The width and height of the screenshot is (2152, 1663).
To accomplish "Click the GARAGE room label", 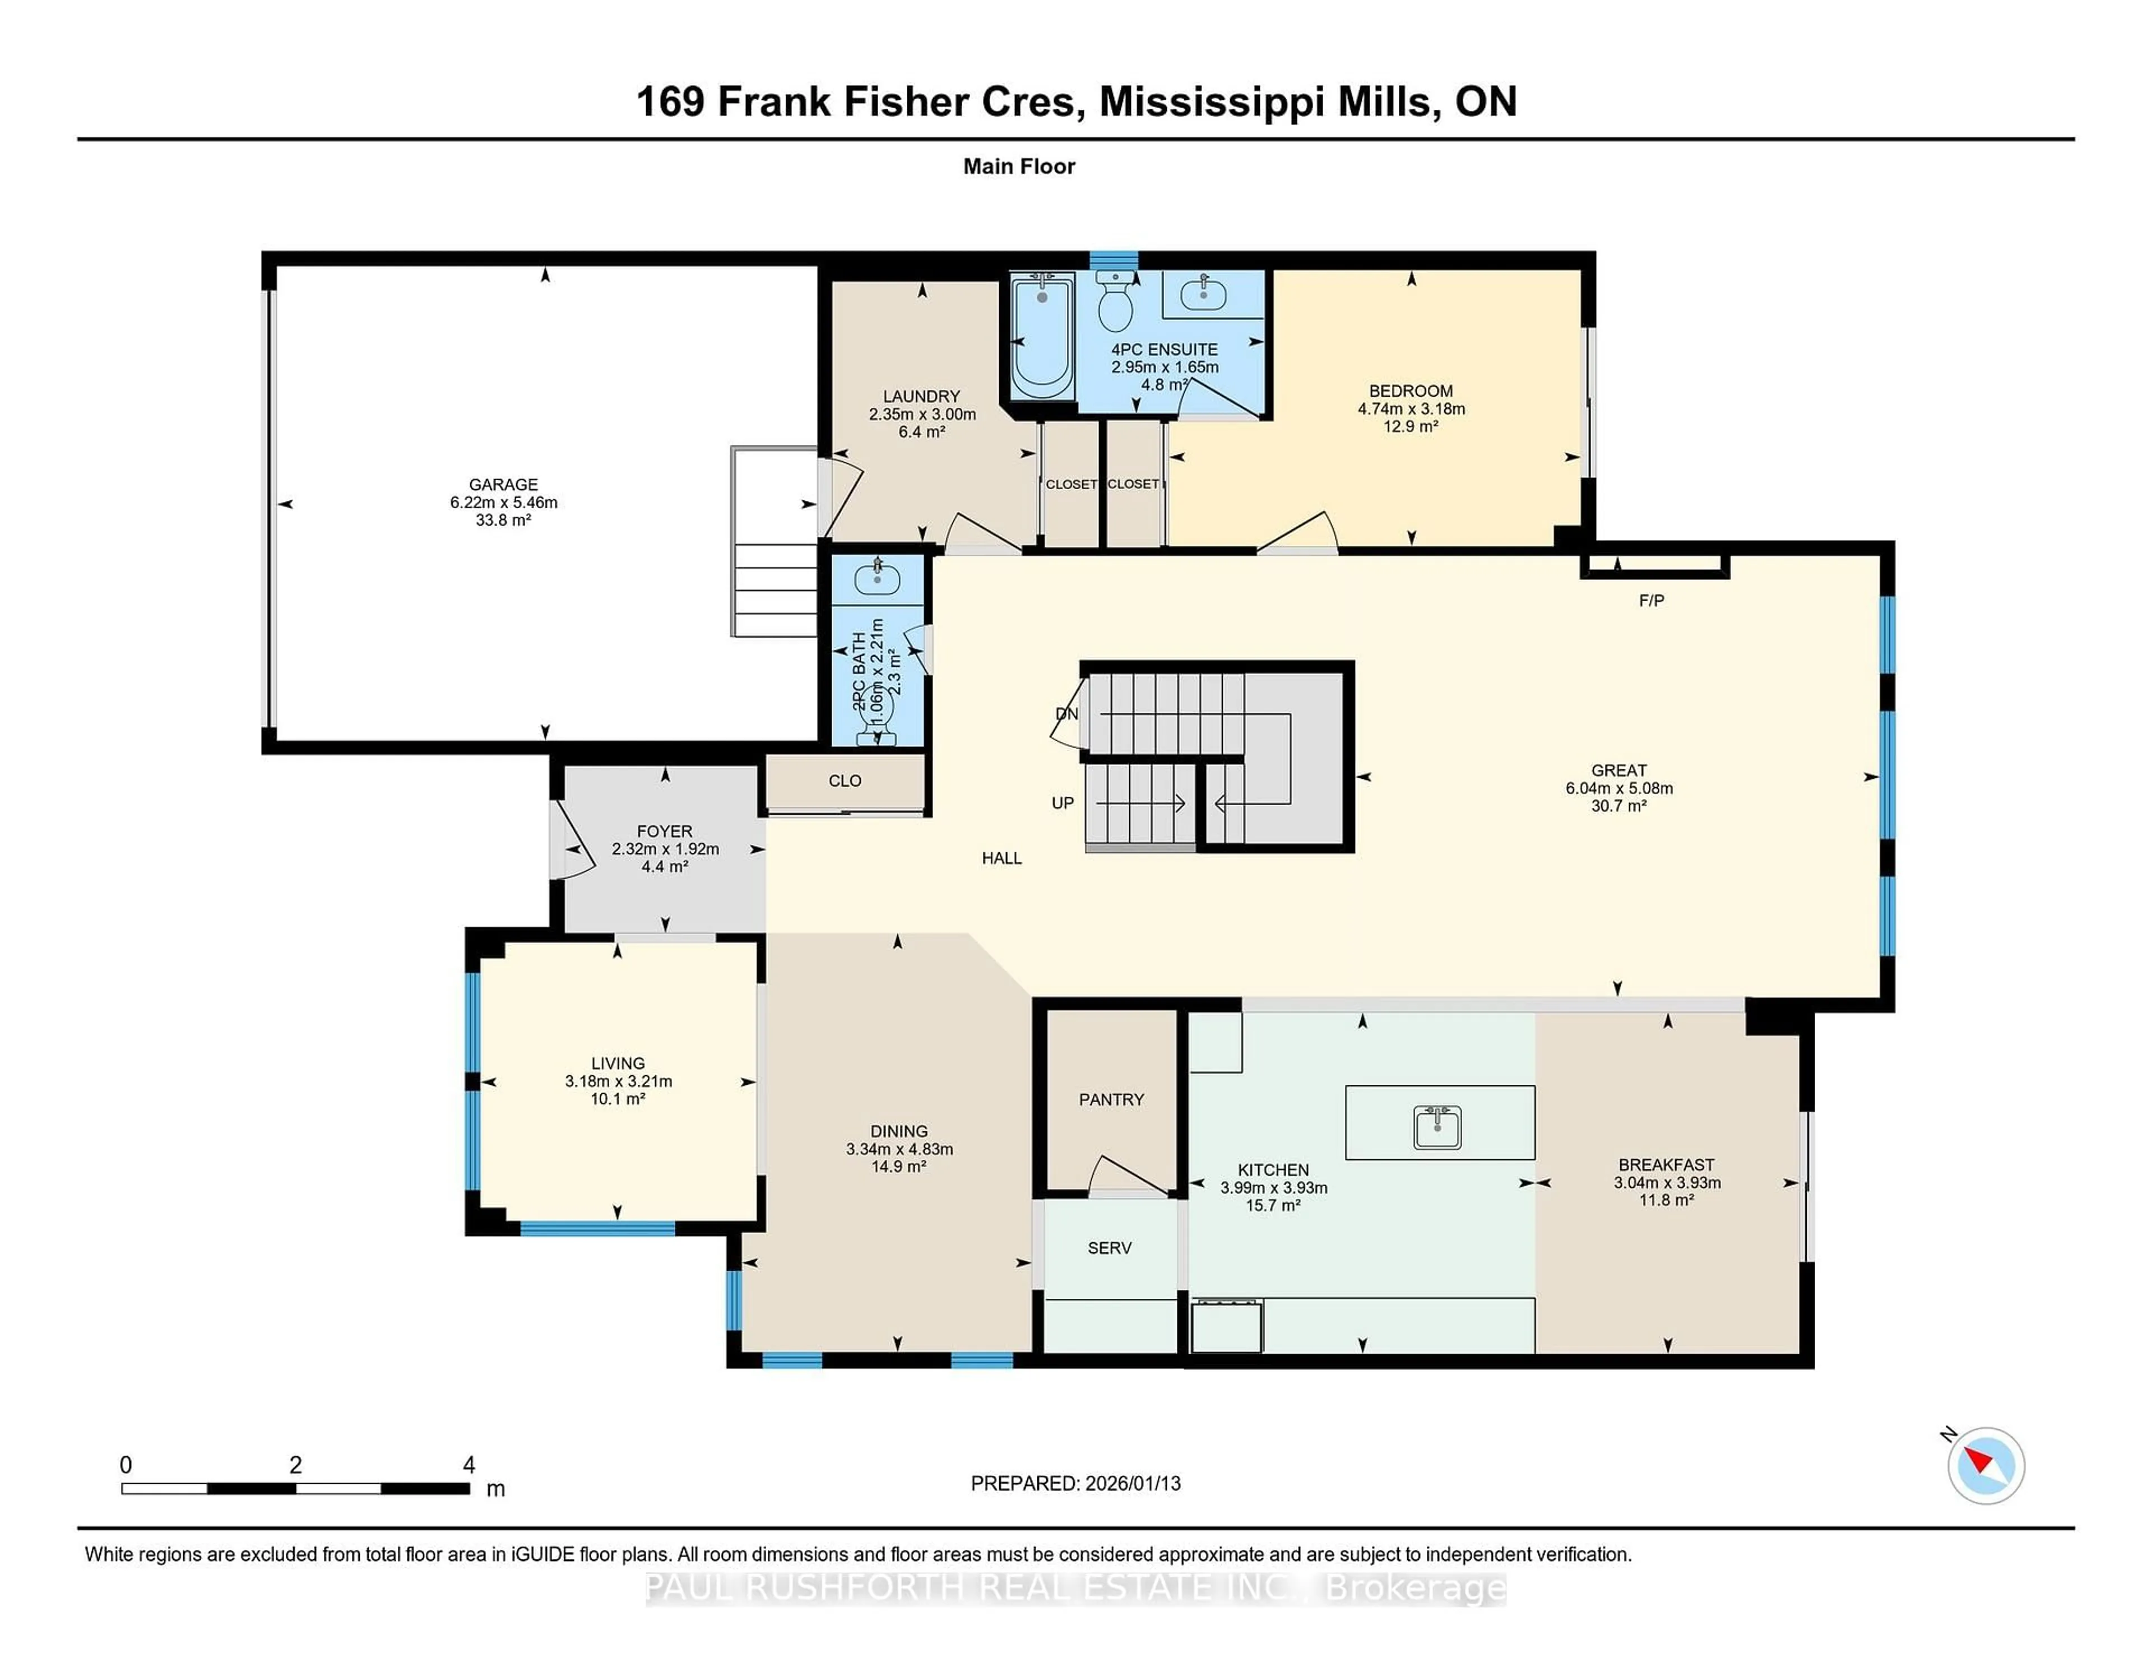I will coord(503,485).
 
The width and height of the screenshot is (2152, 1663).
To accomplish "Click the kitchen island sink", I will coord(1437,1127).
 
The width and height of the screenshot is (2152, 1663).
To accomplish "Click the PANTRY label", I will coord(1111,1099).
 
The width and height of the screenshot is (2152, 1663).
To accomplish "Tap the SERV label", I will coord(1110,1248).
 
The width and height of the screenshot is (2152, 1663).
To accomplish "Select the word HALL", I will coord(1001,858).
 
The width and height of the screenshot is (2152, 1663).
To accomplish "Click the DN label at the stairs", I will coord(1066,713).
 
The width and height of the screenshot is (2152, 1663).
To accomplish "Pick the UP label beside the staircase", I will coord(1062,803).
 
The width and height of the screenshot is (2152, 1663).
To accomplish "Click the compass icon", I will coord(1986,1465).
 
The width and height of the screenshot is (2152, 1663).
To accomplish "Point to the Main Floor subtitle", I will coord(1019,166).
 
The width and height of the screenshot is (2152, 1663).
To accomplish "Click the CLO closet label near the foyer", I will coord(845,781).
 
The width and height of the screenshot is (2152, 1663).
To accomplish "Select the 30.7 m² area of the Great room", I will coord(1619,806).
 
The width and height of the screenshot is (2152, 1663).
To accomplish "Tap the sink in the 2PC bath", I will coord(877,578).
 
